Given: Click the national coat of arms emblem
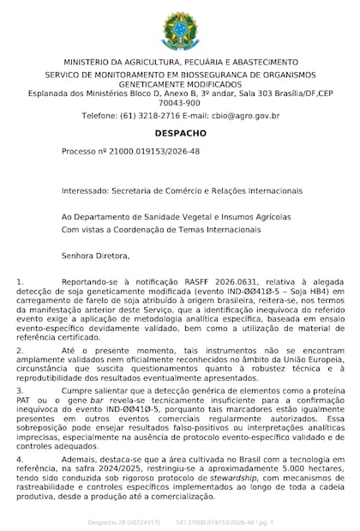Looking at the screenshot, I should [180, 30].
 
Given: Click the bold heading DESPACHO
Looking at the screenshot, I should [180, 133].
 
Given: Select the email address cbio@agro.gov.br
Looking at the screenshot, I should [247, 115].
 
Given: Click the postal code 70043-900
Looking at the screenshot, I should [180, 101].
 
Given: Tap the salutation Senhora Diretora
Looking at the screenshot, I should [95, 255].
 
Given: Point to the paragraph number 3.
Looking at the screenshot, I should [20, 389].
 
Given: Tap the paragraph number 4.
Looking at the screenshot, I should [20, 460].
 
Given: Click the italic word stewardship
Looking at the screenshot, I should [220, 480].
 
